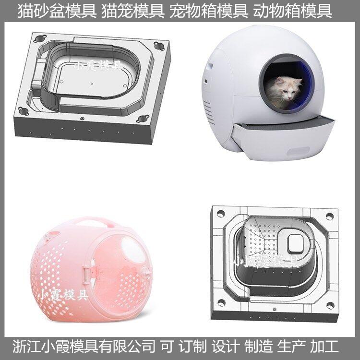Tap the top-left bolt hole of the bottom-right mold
tap(221, 213)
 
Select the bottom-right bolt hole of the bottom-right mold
tap(330, 305)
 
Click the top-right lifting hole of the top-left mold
tap(159, 46)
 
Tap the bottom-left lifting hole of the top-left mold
tap(24, 111)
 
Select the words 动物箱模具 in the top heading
tap(292, 11)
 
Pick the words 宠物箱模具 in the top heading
tap(209, 11)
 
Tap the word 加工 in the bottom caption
tap(324, 347)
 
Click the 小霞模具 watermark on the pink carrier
tap(63, 295)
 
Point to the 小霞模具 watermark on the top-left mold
tap(97, 66)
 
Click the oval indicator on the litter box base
tap(298, 152)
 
